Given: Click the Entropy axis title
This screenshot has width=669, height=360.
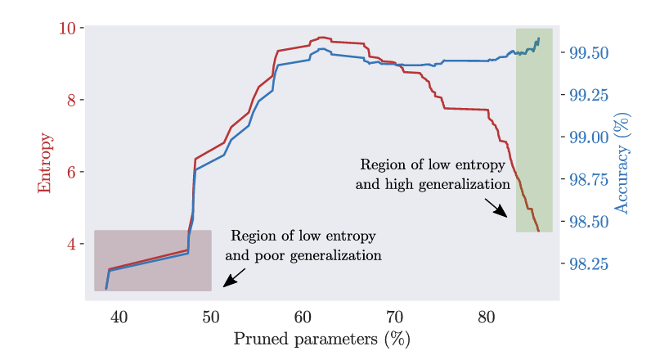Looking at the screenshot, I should click(44, 163).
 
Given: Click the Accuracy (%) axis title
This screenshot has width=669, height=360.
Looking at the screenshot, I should click(622, 164).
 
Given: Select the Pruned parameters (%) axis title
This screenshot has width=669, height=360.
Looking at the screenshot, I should click(321, 339).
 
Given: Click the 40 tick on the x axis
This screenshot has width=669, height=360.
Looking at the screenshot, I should click(119, 317).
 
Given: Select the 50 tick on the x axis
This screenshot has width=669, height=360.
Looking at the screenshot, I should click(211, 317).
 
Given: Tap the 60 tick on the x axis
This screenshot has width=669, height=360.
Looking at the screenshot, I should click(303, 317).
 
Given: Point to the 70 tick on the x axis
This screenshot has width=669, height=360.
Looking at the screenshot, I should click(394, 317).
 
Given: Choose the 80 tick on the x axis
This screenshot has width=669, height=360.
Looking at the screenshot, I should click(487, 317).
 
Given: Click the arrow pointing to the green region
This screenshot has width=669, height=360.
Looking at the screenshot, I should click(496, 208).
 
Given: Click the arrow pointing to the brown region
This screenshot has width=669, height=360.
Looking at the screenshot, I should click(233, 277).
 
